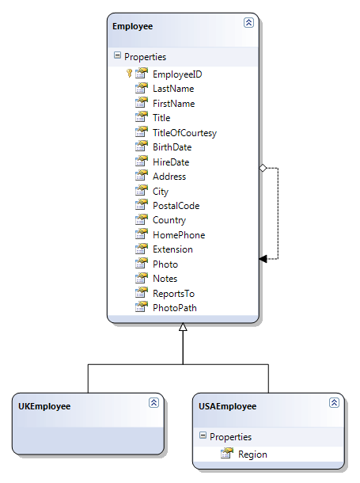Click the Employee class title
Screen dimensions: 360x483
[132, 26]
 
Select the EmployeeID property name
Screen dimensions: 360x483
[177, 74]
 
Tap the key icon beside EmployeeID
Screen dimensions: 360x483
[129, 74]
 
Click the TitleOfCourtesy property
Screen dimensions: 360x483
[184, 133]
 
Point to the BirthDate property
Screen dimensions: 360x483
[172, 147]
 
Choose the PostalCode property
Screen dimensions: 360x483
[176, 206]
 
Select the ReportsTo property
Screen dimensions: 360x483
[173, 294]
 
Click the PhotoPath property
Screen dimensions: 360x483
[174, 308]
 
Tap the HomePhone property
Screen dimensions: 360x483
[179, 235]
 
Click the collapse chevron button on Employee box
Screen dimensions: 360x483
[248, 22]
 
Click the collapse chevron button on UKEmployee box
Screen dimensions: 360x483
[153, 402]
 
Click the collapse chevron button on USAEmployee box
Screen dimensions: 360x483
[334, 402]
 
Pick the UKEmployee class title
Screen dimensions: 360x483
[44, 407]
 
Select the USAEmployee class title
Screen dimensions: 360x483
[227, 407]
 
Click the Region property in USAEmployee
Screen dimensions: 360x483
[252, 454]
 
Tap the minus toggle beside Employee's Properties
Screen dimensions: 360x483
[117, 55]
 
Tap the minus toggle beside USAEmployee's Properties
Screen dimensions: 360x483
[203, 435]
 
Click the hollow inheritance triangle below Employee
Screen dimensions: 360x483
[183, 327]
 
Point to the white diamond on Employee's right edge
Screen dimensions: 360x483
[263, 168]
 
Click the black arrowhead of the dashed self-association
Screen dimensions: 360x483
[263, 259]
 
